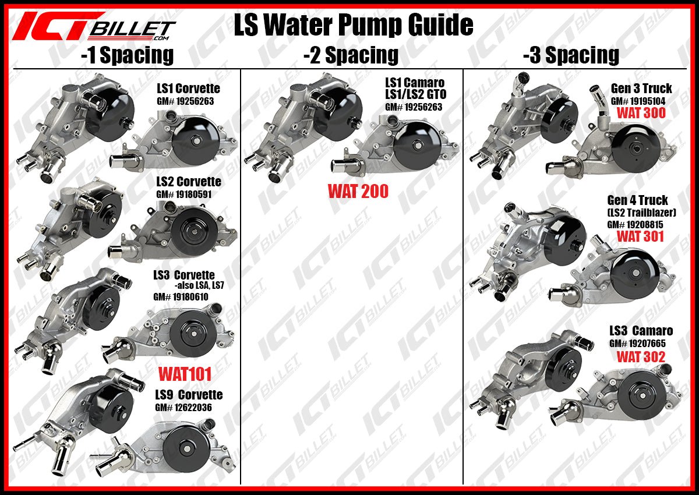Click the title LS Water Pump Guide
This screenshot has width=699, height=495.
[353, 25]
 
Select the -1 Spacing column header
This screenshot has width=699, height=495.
[127, 55]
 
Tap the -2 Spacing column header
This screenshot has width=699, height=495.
[351, 55]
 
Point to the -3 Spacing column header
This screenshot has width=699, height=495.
[571, 55]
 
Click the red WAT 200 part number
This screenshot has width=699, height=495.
[358, 191]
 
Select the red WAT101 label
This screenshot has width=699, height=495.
[185, 373]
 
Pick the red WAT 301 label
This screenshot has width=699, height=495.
[640, 236]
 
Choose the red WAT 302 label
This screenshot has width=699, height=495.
[641, 357]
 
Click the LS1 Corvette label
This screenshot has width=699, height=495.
[188, 89]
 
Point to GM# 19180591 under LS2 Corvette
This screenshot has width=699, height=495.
[183, 195]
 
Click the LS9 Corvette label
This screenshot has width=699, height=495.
[189, 395]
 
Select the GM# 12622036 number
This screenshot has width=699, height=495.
[183, 408]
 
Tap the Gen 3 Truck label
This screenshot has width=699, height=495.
[641, 89]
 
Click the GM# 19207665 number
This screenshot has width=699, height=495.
[637, 344]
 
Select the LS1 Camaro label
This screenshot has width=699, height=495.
[415, 83]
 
